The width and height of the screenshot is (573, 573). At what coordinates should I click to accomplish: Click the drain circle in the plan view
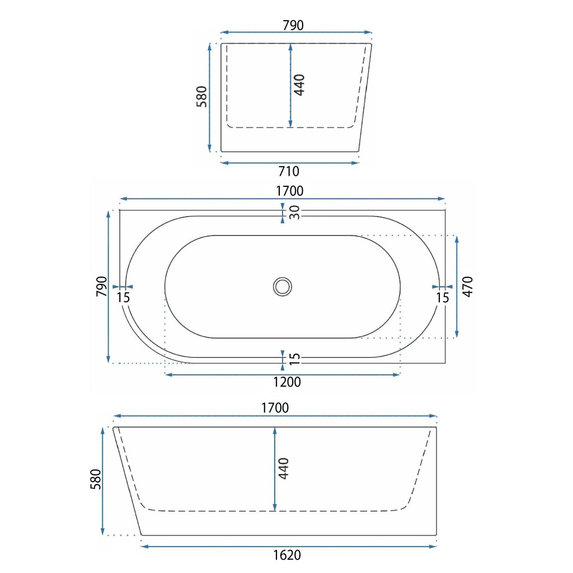[283, 286]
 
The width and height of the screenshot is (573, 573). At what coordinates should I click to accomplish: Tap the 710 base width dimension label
[289, 171]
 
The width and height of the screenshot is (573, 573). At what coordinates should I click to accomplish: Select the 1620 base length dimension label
[287, 555]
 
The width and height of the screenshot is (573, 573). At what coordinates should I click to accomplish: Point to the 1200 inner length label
[287, 382]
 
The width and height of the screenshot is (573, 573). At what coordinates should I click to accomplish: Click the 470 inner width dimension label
[468, 286]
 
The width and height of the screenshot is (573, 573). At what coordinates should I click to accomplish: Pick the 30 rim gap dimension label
[294, 212]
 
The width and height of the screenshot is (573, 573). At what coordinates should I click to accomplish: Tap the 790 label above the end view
[293, 25]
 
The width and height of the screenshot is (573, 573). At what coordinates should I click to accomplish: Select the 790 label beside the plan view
[102, 286]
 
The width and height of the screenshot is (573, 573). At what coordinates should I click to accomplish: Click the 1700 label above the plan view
[289, 191]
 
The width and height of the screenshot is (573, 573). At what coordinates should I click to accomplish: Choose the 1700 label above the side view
[275, 408]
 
